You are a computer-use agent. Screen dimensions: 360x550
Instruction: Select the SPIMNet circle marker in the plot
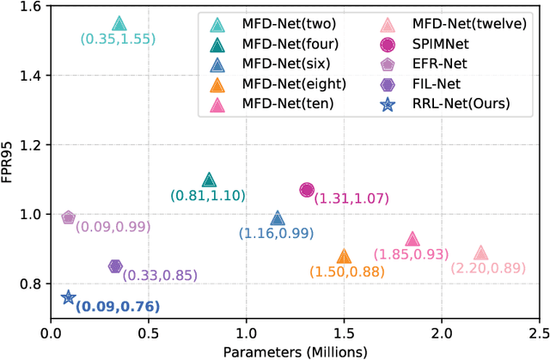pyautogui.click(x=308, y=190)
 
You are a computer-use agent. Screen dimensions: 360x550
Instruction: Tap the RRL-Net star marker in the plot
pyautogui.click(x=70, y=297)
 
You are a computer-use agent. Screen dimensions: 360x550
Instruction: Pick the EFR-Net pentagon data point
pyautogui.click(x=70, y=217)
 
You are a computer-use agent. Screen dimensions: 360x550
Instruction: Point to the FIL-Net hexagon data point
pyautogui.click(x=116, y=266)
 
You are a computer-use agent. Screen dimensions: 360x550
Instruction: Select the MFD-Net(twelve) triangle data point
pyautogui.click(x=480, y=253)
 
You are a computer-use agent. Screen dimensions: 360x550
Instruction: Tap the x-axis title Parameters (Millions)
pyautogui.click(x=296, y=351)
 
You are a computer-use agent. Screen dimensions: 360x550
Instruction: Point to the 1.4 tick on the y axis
pyautogui.click(x=37, y=76)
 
